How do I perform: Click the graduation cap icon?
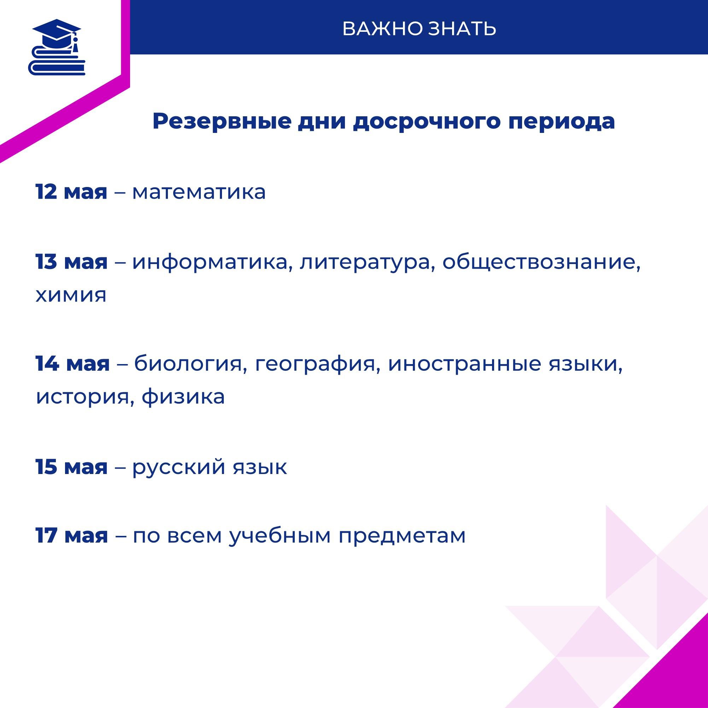pos(57,47)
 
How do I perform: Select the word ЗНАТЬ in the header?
pos(462,29)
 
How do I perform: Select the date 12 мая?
pos(71,192)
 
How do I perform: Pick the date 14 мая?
pos(72,363)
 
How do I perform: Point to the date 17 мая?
pos(72,536)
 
